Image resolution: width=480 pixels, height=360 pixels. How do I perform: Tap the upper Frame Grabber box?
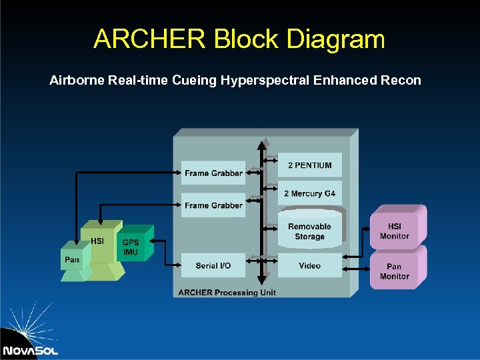(213, 173)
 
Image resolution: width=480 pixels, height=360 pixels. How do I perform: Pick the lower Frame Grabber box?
(213, 205)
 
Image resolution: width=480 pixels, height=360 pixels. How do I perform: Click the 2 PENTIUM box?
(309, 165)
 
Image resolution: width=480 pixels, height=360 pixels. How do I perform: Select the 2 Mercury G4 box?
(309, 194)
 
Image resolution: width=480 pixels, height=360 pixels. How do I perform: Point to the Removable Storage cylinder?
(309, 231)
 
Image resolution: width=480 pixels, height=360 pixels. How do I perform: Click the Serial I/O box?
(213, 265)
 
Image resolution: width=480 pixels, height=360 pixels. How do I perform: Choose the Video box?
(309, 265)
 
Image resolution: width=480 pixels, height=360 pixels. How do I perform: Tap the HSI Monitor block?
(394, 231)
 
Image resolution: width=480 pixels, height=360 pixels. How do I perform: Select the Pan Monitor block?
(394, 271)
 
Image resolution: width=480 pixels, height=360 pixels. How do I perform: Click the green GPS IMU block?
(131, 247)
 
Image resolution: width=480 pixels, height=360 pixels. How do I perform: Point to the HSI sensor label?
(97, 241)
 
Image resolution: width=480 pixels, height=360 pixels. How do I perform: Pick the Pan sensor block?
(71, 259)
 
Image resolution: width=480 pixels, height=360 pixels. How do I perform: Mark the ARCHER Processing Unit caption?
(227, 293)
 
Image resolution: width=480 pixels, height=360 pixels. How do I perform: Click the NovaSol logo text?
(30, 350)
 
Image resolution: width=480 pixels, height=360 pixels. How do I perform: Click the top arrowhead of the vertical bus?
(265, 142)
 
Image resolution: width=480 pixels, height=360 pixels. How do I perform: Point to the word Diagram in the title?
(336, 39)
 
